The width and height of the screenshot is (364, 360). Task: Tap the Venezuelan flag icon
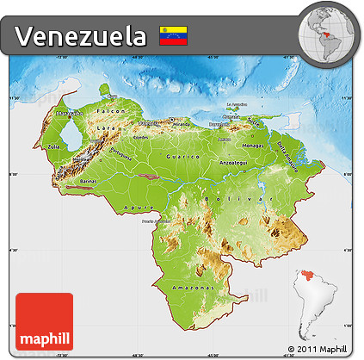[x=174, y=36]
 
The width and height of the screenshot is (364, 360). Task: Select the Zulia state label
[x=53, y=147]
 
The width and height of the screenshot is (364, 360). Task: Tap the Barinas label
[x=89, y=182]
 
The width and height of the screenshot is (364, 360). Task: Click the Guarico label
[x=188, y=158]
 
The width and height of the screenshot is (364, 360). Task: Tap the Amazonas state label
[x=188, y=285]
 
